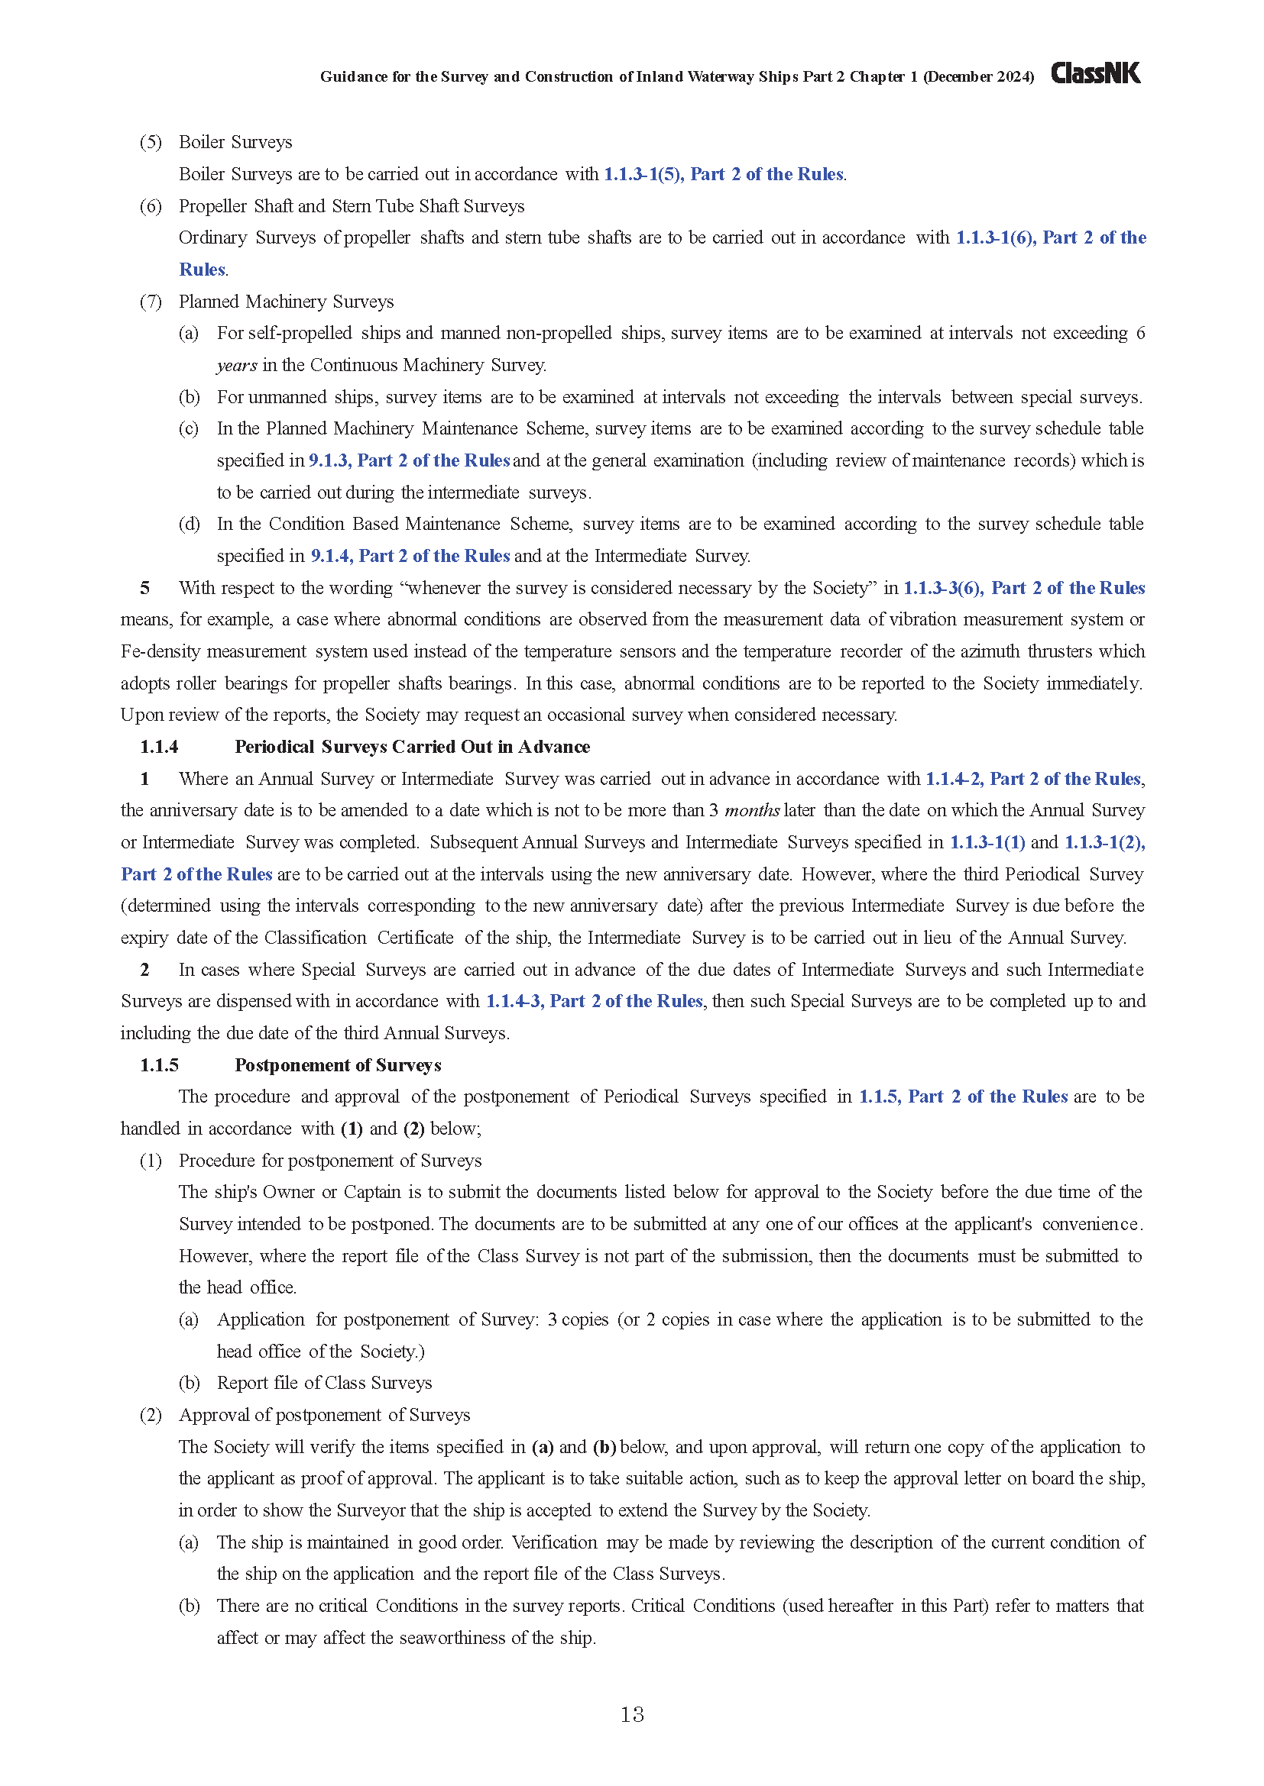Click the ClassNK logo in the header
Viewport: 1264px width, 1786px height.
point(1095,73)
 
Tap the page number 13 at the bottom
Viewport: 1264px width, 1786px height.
point(632,1714)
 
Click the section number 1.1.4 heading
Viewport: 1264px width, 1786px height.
point(159,747)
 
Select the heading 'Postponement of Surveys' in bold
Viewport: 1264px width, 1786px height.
point(338,1065)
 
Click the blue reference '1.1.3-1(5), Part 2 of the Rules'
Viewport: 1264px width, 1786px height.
point(723,174)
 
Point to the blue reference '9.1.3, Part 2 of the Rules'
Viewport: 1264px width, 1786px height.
point(409,460)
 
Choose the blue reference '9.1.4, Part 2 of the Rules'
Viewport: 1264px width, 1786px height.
point(410,556)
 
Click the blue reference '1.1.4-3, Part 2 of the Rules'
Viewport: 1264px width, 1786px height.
point(594,1001)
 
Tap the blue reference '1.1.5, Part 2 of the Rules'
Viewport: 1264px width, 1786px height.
point(963,1096)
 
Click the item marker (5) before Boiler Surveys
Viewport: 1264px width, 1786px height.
point(151,142)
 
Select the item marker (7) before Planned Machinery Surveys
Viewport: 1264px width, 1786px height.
point(151,302)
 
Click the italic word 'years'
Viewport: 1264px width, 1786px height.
point(237,366)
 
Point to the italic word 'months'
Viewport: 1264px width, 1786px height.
point(752,811)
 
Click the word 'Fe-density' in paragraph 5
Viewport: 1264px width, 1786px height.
point(160,652)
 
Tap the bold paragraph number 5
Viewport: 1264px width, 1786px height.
point(144,588)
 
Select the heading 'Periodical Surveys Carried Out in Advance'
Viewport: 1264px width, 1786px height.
point(412,747)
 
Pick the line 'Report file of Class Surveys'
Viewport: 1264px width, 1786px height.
point(324,1383)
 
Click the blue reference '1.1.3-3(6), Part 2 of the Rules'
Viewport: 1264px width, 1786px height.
point(1023,588)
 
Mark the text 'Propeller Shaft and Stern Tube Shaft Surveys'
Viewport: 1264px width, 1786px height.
point(351,206)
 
